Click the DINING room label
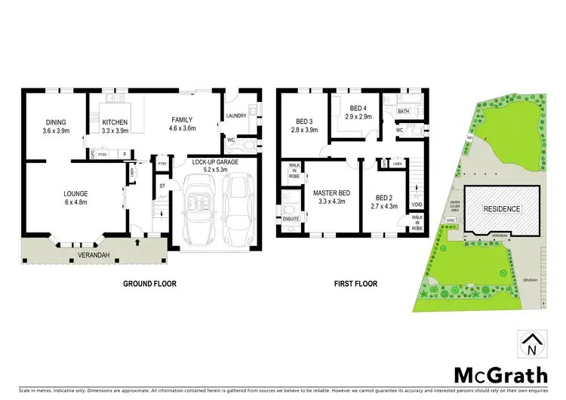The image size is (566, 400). click(56, 122)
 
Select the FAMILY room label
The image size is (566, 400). click(182, 119)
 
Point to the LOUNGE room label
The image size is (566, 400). click(76, 194)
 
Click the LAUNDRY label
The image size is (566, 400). click(237, 116)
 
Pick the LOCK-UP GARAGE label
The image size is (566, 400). click(216, 162)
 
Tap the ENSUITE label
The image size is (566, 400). click(291, 219)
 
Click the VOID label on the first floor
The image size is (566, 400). click(416, 205)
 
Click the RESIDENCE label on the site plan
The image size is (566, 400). click(502, 209)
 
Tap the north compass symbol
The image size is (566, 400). click(531, 346)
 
